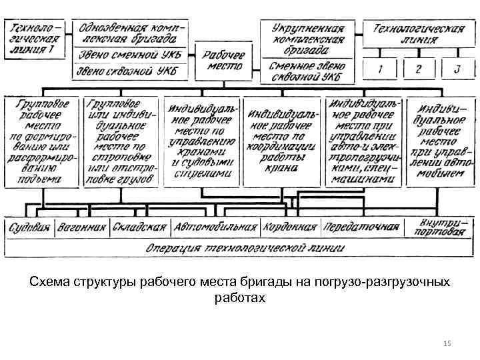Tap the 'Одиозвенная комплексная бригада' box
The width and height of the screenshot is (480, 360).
coord(132,33)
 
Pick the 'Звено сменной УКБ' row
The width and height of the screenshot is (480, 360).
coord(132,55)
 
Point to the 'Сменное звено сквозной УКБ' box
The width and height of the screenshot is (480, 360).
coord(308,71)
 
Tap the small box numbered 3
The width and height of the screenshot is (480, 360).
coord(457,69)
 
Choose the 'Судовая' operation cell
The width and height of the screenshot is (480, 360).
coord(29,227)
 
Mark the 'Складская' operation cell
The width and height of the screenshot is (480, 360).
coord(139,227)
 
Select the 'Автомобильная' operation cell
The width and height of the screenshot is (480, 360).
coord(215,227)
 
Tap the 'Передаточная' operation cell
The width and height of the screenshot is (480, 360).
coord(361,227)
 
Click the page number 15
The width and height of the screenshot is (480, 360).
coord(447,343)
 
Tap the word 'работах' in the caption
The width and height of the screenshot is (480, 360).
coord(240,298)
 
